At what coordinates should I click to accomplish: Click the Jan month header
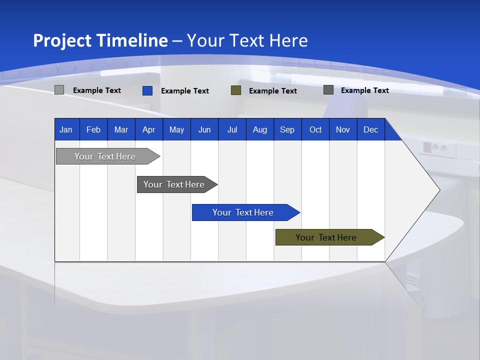[66, 129]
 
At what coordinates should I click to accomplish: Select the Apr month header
[149, 129]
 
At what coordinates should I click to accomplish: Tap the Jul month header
[232, 129]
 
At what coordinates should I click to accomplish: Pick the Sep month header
[287, 129]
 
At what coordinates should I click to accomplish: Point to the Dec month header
[370, 129]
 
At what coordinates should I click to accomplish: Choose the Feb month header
[93, 129]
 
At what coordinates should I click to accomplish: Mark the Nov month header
[343, 129]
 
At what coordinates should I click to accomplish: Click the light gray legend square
[59, 90]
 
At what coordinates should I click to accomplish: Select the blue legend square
[147, 90]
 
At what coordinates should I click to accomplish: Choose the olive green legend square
[236, 90]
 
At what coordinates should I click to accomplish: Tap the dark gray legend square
[328, 90]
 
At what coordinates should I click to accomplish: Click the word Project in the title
[62, 40]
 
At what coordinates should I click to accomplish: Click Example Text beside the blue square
[185, 91]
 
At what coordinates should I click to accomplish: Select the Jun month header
[204, 129]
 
